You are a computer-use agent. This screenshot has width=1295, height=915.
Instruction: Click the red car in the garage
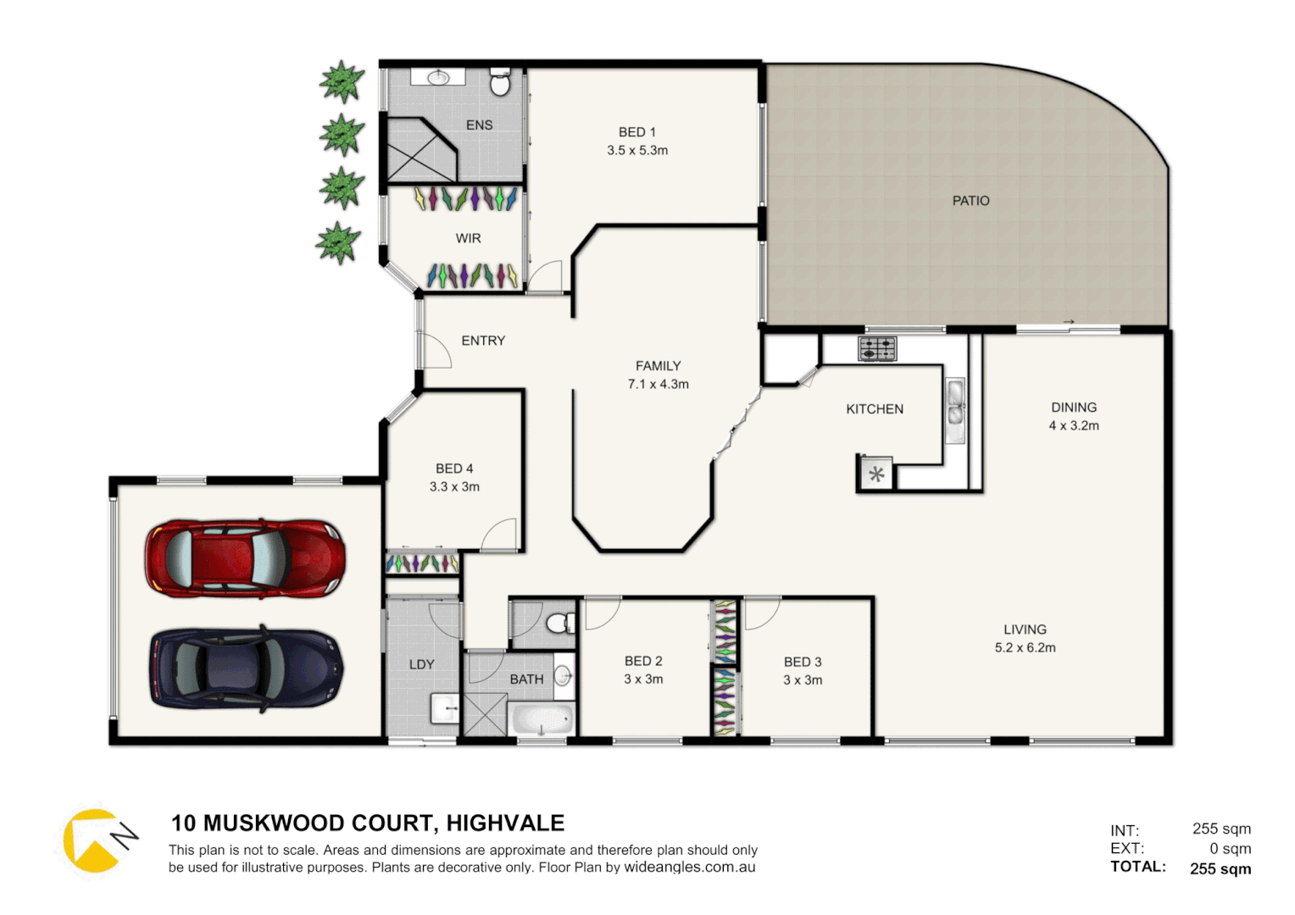click(245, 559)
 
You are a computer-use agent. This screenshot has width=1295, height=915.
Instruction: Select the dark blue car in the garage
click(247, 668)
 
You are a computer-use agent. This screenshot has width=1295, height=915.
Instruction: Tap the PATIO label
click(970, 201)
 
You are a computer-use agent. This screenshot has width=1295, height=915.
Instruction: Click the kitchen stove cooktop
click(876, 348)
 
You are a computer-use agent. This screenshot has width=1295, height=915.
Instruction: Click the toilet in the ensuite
click(500, 83)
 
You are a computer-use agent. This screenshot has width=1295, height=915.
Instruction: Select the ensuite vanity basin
click(438, 78)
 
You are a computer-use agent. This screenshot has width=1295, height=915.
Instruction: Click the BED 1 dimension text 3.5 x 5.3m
click(637, 151)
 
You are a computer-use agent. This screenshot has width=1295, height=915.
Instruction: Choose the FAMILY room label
click(658, 366)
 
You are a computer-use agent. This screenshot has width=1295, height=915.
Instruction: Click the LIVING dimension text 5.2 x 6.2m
click(1025, 648)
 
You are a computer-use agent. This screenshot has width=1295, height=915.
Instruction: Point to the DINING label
click(1074, 408)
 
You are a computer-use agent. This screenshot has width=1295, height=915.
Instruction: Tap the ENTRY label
click(483, 341)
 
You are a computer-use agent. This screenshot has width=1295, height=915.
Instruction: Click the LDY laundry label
click(421, 665)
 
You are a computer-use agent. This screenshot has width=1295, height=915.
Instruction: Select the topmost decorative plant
click(342, 82)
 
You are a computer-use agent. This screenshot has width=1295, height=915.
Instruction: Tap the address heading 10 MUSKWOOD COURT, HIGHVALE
click(368, 823)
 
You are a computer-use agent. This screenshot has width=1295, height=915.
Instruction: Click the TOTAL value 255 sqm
click(1220, 868)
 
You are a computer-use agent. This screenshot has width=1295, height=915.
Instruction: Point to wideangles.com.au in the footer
click(689, 868)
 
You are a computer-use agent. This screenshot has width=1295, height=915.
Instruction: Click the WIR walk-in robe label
click(468, 239)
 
